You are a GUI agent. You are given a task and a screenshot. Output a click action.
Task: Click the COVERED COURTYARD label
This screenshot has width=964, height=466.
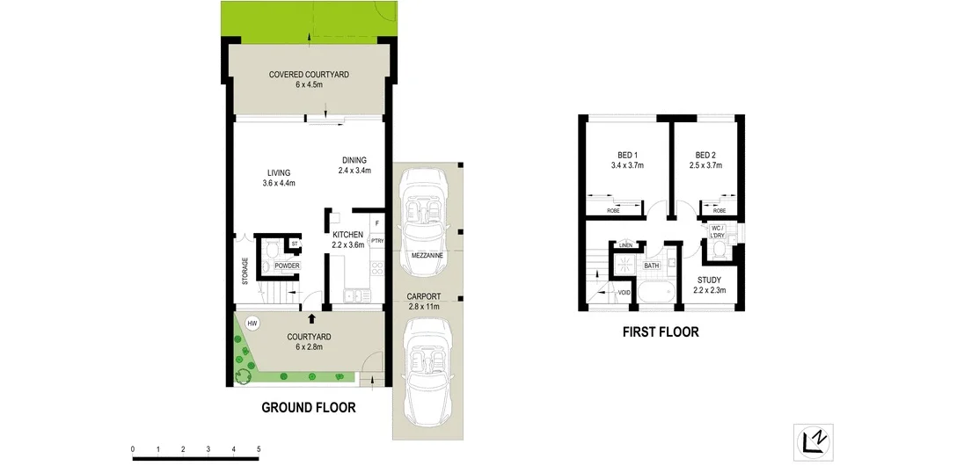[x=309, y=75]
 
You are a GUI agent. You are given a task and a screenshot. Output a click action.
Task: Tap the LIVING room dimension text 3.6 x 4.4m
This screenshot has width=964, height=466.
[x=278, y=183]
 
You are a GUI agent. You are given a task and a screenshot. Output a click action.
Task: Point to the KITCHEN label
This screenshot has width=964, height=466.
[x=347, y=235]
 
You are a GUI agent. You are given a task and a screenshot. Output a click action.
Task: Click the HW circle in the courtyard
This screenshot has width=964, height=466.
[x=253, y=323]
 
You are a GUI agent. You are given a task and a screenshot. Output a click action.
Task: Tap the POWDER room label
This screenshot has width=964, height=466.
[x=288, y=266]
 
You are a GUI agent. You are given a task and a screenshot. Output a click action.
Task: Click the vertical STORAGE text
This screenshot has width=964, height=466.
[x=245, y=270]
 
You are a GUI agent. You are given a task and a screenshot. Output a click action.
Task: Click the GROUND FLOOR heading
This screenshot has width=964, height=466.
[x=309, y=408]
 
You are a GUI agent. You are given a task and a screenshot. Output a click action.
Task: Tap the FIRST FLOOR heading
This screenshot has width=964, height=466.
[x=660, y=332]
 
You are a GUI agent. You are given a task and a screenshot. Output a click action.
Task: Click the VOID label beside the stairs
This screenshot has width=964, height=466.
[x=625, y=292]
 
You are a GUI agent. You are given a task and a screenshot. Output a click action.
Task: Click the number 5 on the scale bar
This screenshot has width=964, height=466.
[x=259, y=449]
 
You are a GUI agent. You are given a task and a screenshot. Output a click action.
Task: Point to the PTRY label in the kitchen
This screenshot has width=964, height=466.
[x=376, y=240]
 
